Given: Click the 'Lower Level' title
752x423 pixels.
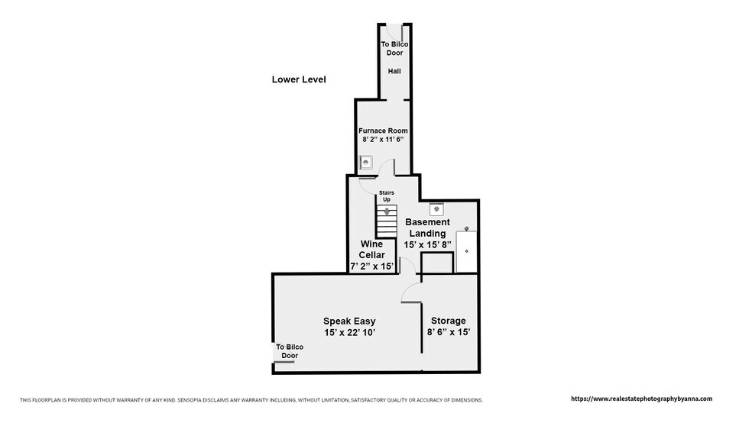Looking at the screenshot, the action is click(299, 79).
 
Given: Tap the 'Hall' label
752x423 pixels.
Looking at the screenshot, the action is click(394, 71).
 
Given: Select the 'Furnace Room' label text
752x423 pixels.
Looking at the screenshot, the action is click(383, 131).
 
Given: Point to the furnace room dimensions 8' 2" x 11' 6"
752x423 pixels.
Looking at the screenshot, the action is click(383, 140).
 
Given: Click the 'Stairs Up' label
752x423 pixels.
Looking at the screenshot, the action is click(387, 196).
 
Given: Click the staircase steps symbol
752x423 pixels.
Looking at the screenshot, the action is click(387, 221).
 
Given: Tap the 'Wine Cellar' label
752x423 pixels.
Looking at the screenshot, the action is click(371, 250).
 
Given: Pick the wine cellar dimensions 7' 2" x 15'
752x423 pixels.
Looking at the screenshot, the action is click(371, 266).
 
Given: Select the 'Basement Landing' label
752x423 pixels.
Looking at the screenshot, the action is click(427, 228).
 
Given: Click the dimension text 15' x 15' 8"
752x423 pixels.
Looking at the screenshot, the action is click(427, 245).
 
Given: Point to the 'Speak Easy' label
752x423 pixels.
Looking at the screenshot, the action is click(349, 321).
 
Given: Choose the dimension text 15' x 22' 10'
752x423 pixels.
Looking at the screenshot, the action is click(349, 332).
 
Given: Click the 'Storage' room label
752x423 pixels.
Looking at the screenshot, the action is click(449, 321).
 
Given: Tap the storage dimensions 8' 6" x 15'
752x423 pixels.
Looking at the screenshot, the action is click(449, 332).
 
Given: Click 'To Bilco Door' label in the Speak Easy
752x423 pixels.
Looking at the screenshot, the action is click(290, 351).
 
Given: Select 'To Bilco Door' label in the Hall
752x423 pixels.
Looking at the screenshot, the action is click(394, 48).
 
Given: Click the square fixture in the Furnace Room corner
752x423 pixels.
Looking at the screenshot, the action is click(366, 163).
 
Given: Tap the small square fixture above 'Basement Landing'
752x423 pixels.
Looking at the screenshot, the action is click(436, 209).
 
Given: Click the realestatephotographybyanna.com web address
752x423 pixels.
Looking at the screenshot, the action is click(641, 399).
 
